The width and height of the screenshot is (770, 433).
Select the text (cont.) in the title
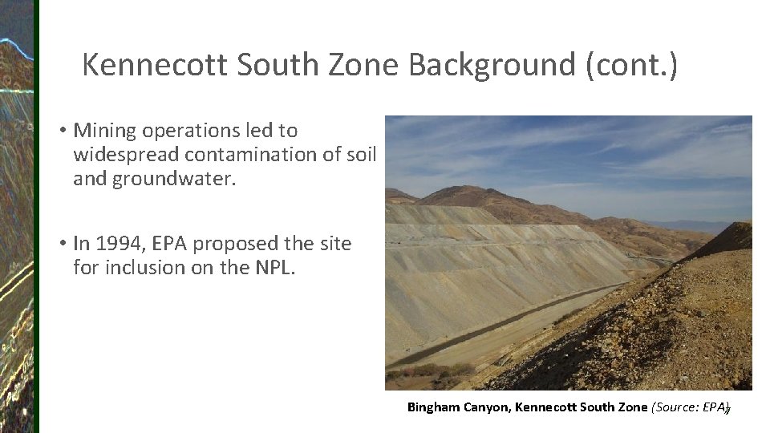click(x=631, y=65)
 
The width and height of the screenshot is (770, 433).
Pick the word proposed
click(x=232, y=244)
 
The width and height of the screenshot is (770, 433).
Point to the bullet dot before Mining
click(x=61, y=131)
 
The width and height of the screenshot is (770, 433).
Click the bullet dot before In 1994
click(x=61, y=244)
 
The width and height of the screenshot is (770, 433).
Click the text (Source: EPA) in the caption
click(x=690, y=407)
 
